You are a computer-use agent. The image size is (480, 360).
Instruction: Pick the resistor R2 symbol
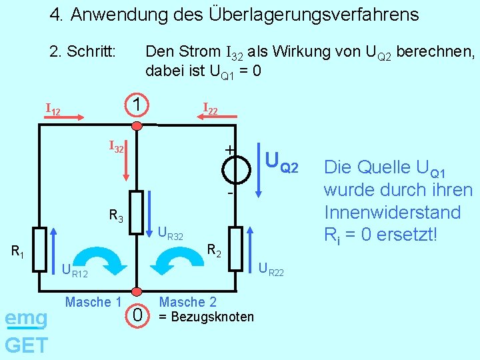236,249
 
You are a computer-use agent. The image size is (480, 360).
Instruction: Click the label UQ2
281,160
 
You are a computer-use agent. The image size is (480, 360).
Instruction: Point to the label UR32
170,233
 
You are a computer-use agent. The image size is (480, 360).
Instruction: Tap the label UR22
270,270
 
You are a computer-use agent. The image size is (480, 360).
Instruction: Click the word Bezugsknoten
211,317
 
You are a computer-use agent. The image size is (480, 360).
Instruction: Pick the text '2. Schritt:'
83,51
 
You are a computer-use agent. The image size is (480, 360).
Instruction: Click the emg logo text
25,318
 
